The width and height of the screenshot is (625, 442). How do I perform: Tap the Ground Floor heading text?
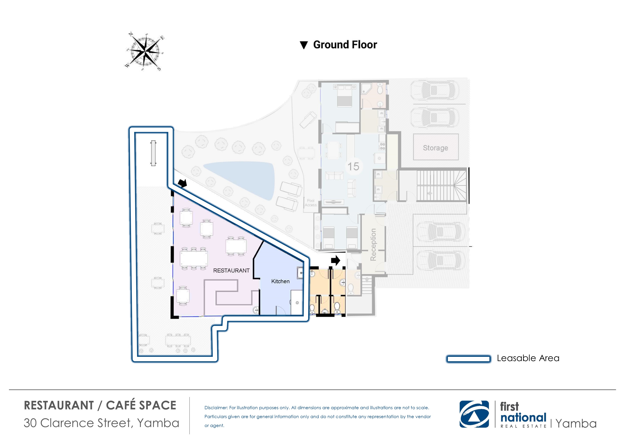[345, 45]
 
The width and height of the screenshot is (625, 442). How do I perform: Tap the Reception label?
[373, 245]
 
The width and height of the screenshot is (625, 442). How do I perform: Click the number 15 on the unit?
[353, 166]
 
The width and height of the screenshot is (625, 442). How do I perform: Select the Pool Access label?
[311, 203]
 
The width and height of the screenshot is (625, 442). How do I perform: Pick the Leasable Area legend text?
[528, 358]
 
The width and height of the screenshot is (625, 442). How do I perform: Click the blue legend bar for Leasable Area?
[468, 359]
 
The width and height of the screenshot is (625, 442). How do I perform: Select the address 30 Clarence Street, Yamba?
[101, 423]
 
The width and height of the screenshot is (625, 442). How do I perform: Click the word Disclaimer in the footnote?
[216, 408]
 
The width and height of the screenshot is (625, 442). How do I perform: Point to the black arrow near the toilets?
[336, 260]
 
